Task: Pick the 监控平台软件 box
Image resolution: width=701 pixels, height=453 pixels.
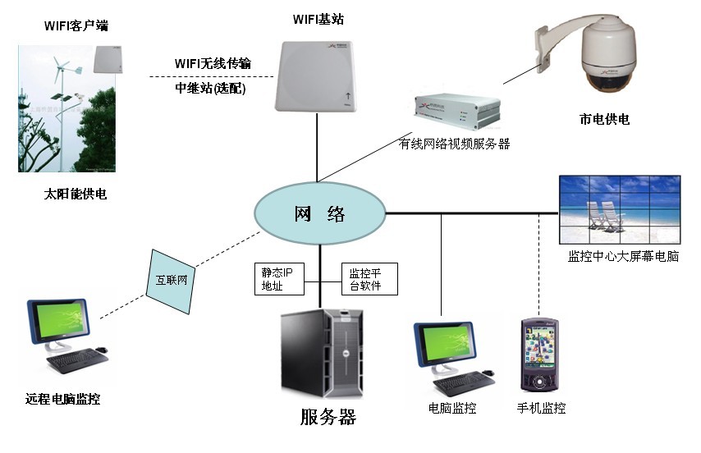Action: tap(369, 279)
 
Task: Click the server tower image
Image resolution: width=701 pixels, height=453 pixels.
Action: tap(321, 352)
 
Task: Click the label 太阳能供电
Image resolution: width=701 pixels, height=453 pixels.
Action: tap(76, 195)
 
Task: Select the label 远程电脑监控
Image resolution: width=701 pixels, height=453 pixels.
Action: tap(63, 400)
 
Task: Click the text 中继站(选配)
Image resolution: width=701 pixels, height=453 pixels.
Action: tap(210, 88)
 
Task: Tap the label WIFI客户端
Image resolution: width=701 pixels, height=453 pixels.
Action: tap(76, 26)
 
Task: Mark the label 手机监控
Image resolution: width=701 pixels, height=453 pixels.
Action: tap(541, 408)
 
